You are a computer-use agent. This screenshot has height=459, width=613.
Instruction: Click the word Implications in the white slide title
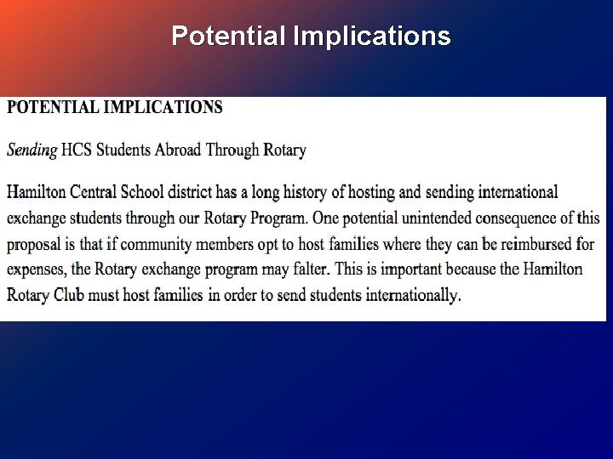coord(371,37)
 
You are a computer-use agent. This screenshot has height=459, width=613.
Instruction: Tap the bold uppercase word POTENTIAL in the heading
coord(55,108)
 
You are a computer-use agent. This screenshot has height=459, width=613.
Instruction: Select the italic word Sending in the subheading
coord(32,150)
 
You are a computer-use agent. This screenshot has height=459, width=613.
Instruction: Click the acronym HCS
coord(77,150)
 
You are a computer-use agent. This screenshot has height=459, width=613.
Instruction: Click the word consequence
coord(498,218)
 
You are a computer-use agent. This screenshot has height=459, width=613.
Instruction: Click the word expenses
coord(37,270)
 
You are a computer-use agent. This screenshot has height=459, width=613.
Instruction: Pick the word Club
coord(76,296)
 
